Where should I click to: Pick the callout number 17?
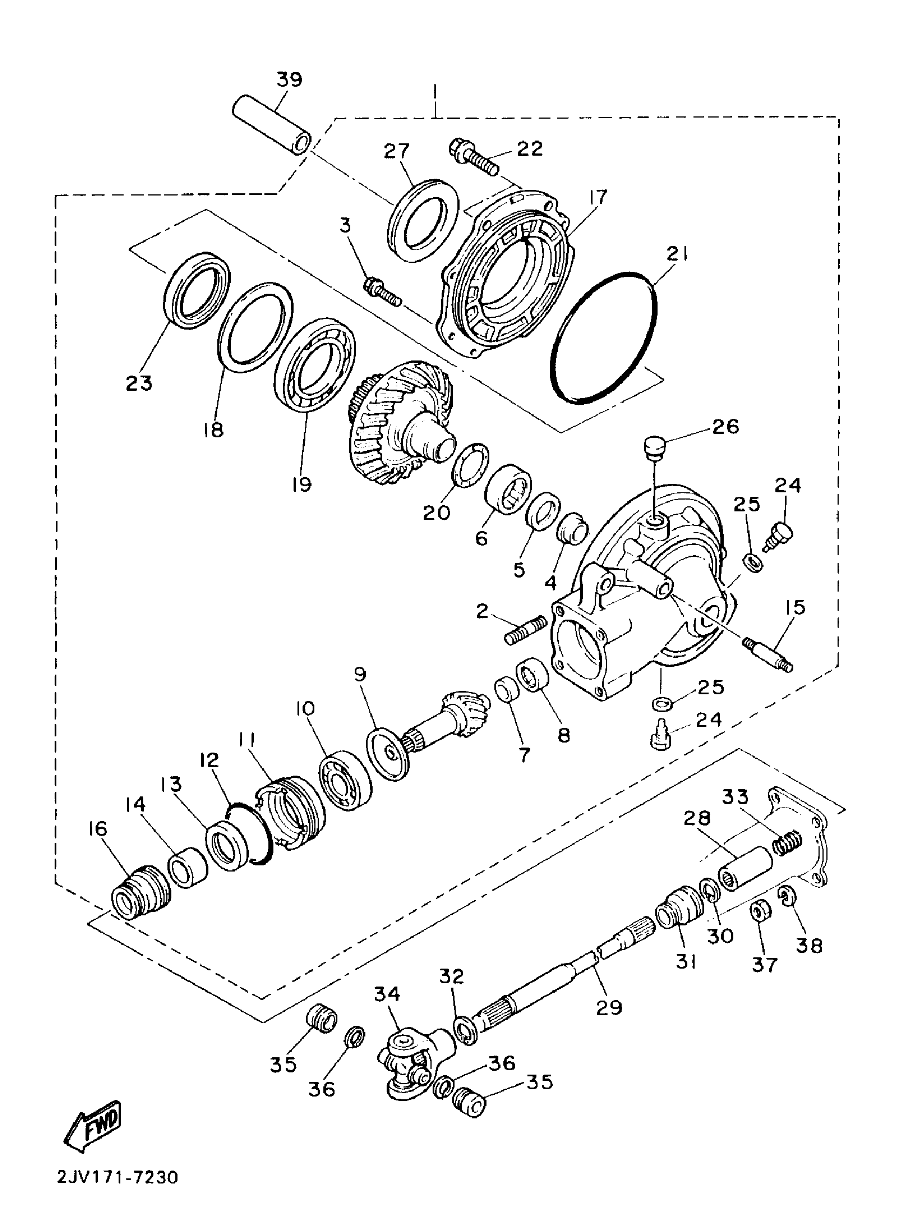(598, 197)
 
